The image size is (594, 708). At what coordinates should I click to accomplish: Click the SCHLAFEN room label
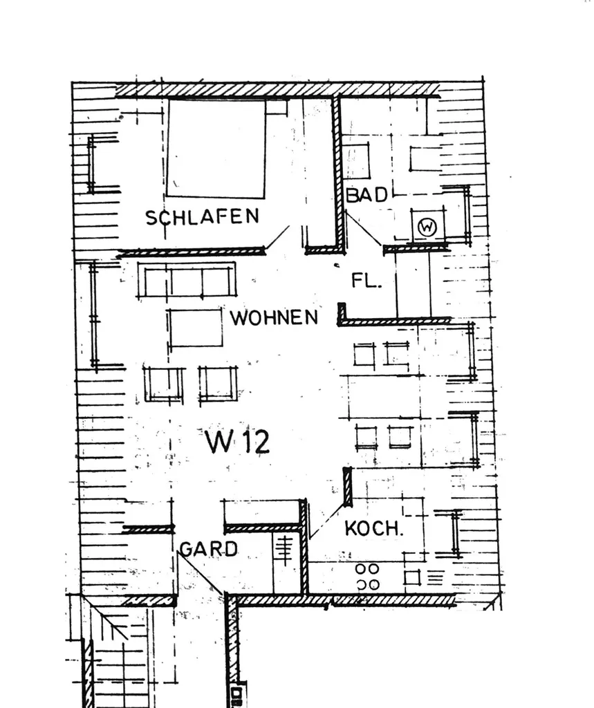[x=202, y=216]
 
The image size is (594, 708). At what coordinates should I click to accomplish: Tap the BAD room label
[x=366, y=194]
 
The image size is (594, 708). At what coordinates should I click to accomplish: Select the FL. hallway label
[x=366, y=281]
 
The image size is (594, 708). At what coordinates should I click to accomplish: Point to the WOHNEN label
[x=275, y=317]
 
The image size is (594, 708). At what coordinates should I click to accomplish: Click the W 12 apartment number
[x=237, y=441]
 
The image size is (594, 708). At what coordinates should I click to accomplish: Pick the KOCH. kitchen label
[x=373, y=528]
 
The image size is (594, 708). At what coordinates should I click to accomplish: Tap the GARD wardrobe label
[x=209, y=549]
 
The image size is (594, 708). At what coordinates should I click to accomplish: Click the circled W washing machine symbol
[x=427, y=227]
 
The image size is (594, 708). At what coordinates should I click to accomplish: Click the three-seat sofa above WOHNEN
[x=187, y=280]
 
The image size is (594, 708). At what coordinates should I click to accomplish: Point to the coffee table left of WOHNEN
[x=195, y=328]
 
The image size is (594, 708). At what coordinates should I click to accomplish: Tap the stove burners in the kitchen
[x=367, y=577]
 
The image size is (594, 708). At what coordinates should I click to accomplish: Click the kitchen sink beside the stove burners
[x=424, y=577]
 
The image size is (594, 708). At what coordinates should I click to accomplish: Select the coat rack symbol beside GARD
[x=284, y=550]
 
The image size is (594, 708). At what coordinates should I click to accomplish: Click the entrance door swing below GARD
[x=201, y=573]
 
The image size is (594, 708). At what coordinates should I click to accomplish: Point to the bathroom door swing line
[x=364, y=228]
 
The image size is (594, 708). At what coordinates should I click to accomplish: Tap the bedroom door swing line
[x=277, y=238]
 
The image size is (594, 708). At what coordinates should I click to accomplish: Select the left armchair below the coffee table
[x=163, y=384]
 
